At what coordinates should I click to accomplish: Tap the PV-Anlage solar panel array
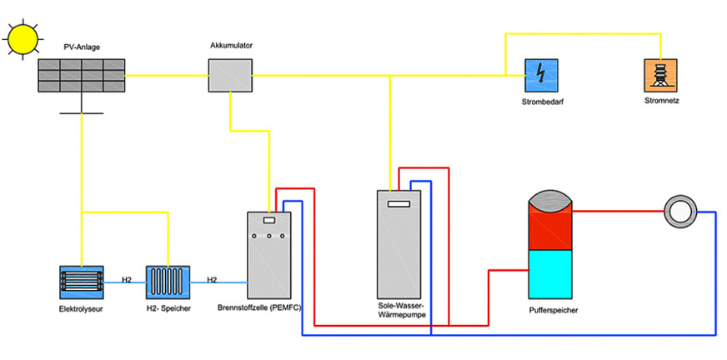coord(81,75)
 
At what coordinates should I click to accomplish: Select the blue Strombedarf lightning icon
coord(541,76)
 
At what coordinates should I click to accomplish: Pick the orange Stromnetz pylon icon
coord(660,76)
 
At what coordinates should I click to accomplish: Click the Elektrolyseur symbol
coord(81,281)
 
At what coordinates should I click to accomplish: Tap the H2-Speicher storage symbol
coord(168,281)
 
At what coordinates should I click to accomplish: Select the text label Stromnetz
coord(660,102)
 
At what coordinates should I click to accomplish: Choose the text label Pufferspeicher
coord(554,310)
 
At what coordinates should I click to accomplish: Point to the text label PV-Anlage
coord(81,48)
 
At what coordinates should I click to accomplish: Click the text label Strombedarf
coord(541,102)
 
